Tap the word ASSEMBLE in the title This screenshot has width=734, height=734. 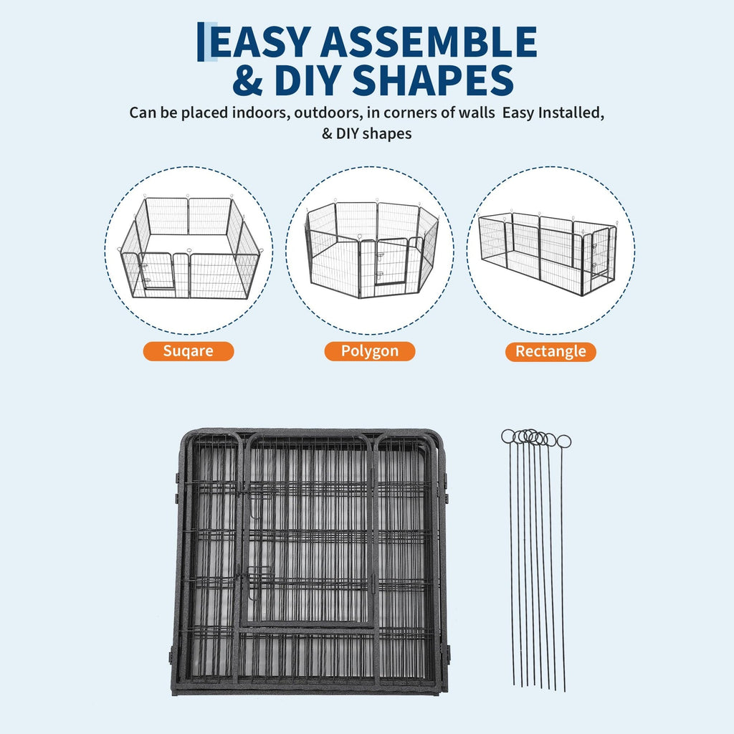pyautogui.click(x=429, y=42)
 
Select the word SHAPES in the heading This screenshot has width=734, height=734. pyautogui.click(x=433, y=80)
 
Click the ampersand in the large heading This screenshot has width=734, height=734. pyautogui.click(x=247, y=80)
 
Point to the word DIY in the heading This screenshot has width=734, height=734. pyautogui.click(x=308, y=80)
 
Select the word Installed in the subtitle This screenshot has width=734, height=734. pyautogui.click(x=571, y=113)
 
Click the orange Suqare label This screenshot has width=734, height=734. pyautogui.click(x=189, y=351)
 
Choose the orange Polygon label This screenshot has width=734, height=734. pyautogui.click(x=369, y=351)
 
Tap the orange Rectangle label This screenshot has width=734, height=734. pyautogui.click(x=550, y=351)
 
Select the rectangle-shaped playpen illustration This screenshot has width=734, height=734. pyautogui.click(x=548, y=253)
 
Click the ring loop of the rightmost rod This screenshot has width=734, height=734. pyautogui.click(x=564, y=442)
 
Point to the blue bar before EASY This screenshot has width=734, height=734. pyautogui.click(x=201, y=42)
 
